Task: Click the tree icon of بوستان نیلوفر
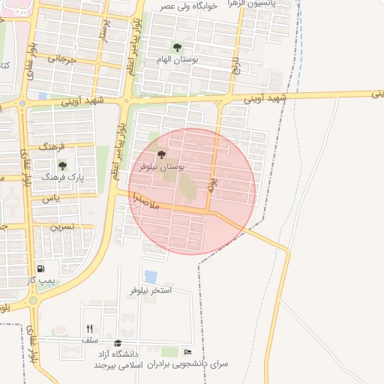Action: (162, 155)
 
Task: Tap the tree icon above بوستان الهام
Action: (177, 47)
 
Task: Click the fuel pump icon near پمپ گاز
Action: (40, 268)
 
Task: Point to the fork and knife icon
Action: (90, 328)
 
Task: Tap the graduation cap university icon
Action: (117, 343)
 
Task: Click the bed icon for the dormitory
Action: (187, 352)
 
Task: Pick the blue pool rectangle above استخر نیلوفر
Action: (151, 277)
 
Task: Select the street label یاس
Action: (50, 198)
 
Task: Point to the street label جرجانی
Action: (62, 57)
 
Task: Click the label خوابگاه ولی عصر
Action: (187, 7)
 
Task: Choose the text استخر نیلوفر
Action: (151, 290)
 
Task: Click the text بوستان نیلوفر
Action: (159, 166)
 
